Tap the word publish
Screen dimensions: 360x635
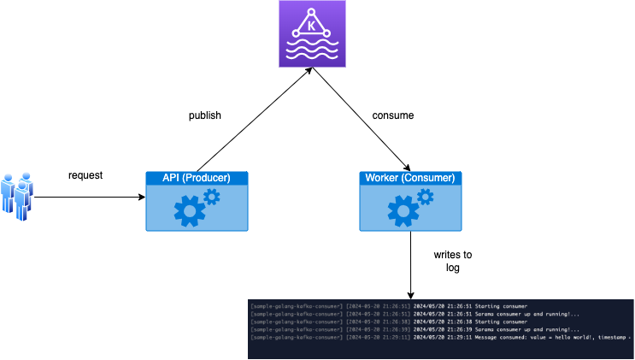(205, 115)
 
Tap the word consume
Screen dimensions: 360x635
(392, 115)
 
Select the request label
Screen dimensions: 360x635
(85, 175)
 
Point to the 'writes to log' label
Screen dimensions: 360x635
(453, 262)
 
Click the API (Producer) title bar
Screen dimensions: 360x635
(197, 178)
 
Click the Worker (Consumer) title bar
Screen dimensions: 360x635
(411, 178)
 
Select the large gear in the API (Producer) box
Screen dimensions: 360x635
(188, 210)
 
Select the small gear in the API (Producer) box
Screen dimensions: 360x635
(212, 198)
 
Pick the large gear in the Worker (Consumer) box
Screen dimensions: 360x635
(402, 210)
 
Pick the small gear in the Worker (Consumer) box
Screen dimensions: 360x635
(426, 198)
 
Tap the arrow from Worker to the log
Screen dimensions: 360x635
(411, 265)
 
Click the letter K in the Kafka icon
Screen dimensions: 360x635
(313, 26)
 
